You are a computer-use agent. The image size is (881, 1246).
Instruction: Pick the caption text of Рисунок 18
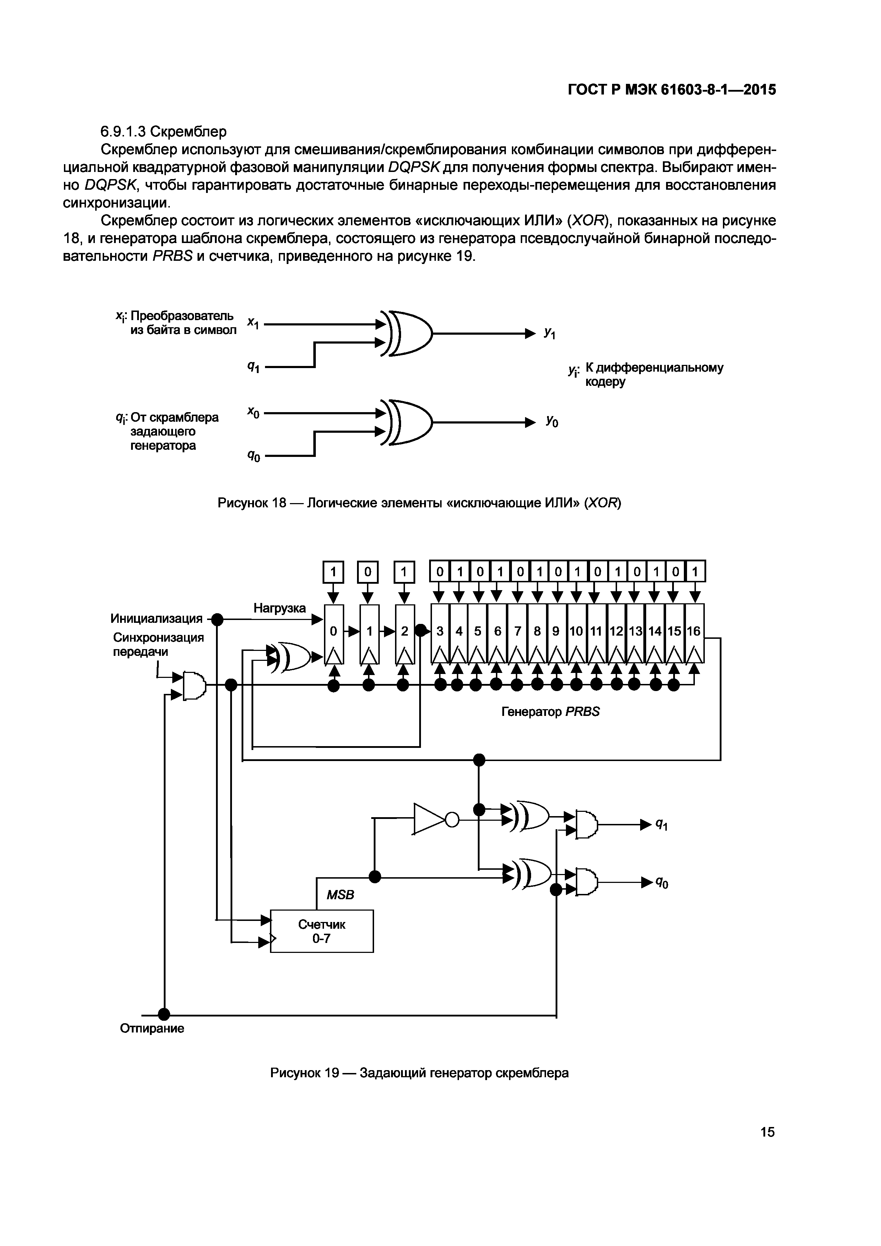419,503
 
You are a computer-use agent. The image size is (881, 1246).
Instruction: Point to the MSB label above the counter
340,895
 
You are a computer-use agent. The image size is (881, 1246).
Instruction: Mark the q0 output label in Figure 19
662,883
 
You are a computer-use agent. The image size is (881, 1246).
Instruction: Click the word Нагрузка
279,608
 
